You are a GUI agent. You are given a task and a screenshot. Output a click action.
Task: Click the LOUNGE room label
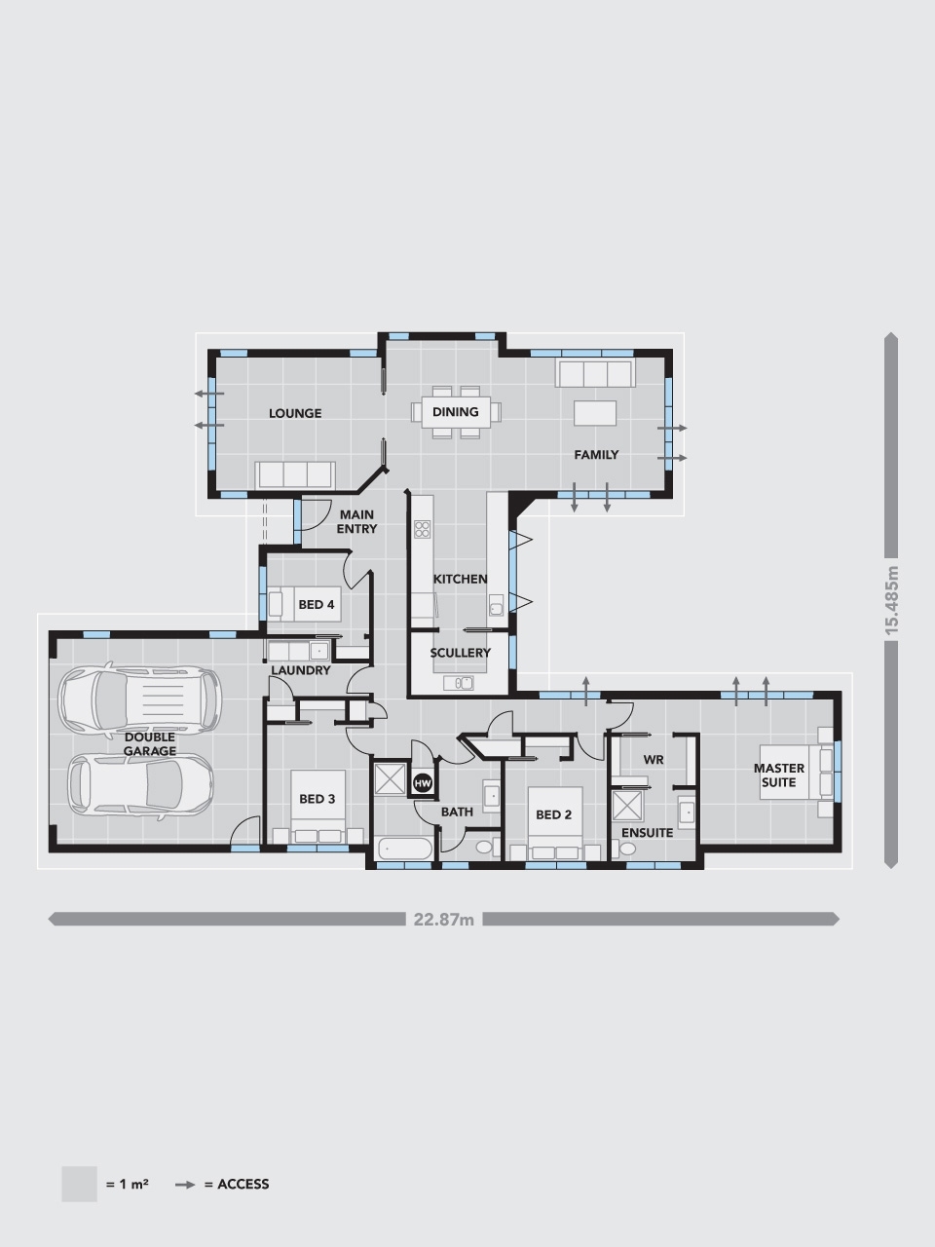point(295,413)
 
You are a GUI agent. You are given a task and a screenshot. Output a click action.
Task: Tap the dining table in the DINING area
point(456,412)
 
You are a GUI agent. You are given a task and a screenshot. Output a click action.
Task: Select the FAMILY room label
point(596,455)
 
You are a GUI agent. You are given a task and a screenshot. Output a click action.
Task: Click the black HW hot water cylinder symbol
point(423,782)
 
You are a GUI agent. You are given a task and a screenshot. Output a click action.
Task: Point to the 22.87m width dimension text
point(443,919)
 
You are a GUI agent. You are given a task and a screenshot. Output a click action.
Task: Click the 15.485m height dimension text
point(890,600)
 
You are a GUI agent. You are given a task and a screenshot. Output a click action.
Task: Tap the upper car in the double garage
point(138,699)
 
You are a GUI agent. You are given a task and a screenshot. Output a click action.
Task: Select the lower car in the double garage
point(139,783)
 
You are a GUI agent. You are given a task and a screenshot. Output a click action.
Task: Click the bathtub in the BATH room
point(404,850)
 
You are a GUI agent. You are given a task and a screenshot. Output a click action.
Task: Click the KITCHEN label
point(461,579)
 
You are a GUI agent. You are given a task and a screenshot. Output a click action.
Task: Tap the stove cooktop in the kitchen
point(423,529)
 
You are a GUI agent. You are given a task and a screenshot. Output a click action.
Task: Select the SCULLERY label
point(461,653)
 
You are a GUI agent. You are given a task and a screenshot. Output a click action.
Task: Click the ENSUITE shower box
point(627,807)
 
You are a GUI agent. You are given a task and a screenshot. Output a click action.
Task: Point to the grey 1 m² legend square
point(79,1184)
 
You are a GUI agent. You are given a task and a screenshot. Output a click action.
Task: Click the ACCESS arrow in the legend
point(185,1185)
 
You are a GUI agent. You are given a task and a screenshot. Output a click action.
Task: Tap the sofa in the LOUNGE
point(294,474)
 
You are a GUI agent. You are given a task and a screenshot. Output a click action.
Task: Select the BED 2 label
point(553,814)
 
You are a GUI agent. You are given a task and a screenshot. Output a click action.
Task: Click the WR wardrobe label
point(654,759)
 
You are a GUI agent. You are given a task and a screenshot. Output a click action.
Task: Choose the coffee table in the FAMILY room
point(596,413)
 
